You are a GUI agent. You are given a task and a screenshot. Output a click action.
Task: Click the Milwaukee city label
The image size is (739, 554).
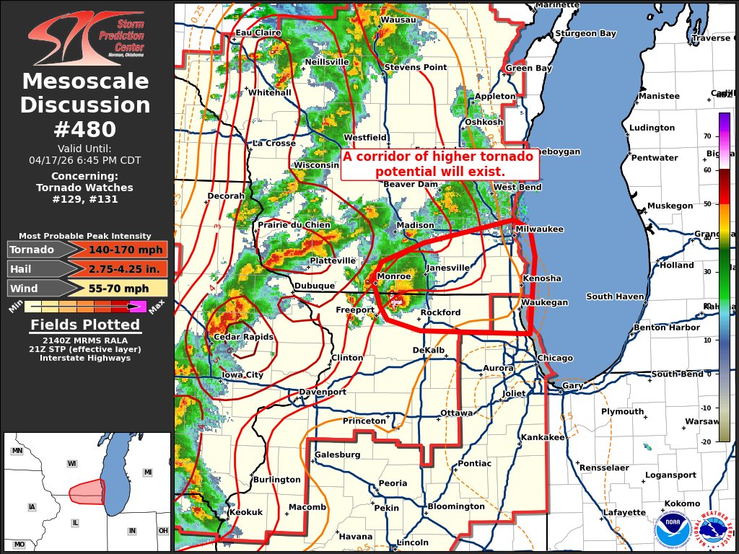click(539, 229)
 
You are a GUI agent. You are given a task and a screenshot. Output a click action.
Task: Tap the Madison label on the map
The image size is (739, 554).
click(415, 226)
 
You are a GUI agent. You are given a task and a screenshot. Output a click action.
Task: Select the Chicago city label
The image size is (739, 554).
click(555, 359)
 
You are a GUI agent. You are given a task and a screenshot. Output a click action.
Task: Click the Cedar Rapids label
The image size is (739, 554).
click(243, 337)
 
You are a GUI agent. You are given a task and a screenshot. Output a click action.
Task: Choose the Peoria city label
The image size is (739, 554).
click(393, 483)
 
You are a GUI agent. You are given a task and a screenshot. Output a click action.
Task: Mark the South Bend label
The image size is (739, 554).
click(677, 374)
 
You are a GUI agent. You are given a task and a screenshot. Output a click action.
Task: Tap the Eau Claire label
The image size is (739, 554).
click(258, 33)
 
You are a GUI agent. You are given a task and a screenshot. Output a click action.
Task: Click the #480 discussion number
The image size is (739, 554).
click(85, 129)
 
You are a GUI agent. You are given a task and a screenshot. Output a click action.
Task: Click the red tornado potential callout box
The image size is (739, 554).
click(440, 164)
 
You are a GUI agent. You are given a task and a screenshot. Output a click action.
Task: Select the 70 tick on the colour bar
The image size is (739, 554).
click(707, 136)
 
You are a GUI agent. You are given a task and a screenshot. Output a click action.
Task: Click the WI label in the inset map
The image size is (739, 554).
click(72, 463)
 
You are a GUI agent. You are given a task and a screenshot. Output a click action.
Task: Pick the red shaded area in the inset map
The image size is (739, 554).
click(87, 492)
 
